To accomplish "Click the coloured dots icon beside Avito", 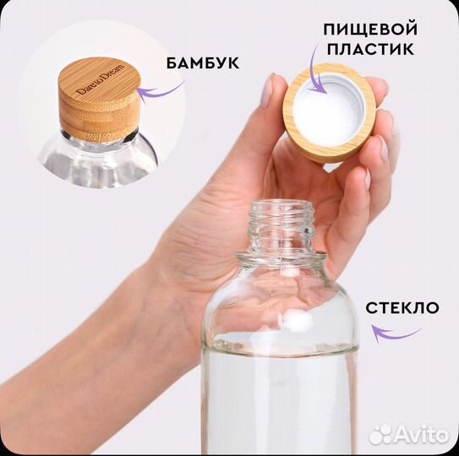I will (381, 434).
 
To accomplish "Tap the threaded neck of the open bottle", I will (281, 222).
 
